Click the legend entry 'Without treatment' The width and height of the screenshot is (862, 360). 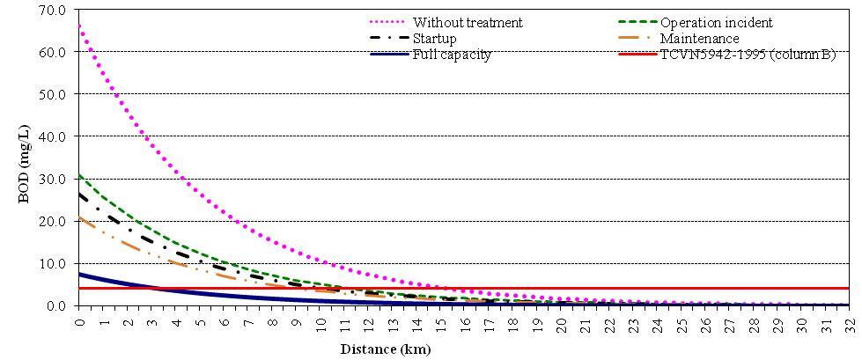pyautogui.click(x=468, y=22)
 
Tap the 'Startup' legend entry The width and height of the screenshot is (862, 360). pyautogui.click(x=435, y=39)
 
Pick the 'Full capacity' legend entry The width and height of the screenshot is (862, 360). pyautogui.click(x=451, y=55)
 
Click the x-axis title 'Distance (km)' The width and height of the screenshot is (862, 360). pyautogui.click(x=385, y=349)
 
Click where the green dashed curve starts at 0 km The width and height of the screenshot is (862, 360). pyautogui.click(x=79, y=175)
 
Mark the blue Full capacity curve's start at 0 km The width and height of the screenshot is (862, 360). pyautogui.click(x=79, y=274)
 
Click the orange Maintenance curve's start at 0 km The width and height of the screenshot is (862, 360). pyautogui.click(x=79, y=217)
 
